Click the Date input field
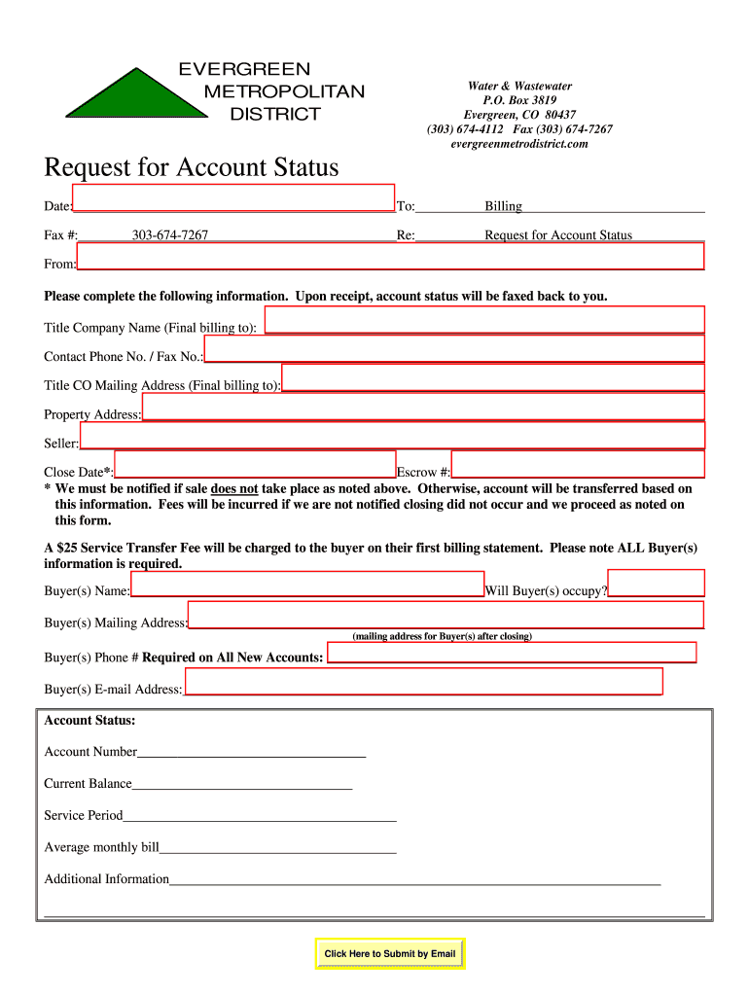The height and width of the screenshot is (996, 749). click(233, 197)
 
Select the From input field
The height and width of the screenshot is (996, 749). click(390, 256)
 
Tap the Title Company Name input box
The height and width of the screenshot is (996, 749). click(483, 320)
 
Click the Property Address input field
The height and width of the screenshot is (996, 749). click(423, 407)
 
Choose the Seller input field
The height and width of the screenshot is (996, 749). click(392, 436)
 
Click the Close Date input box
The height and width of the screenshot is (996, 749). click(255, 464)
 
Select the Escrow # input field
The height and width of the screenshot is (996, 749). click(578, 464)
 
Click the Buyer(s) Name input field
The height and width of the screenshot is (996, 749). click(307, 584)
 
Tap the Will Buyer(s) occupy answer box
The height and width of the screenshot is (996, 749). click(656, 583)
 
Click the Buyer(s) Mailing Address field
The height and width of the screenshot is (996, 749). click(446, 615)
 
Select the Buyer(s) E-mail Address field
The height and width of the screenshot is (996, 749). click(423, 681)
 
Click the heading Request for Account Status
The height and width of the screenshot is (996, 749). click(192, 168)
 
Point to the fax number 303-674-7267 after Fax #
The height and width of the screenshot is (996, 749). click(170, 235)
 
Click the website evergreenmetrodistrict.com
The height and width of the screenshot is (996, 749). click(519, 144)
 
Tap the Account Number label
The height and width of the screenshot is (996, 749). click(90, 752)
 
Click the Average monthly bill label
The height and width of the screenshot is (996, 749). click(101, 847)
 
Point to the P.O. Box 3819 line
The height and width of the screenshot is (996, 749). click(519, 100)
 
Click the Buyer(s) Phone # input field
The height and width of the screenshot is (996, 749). click(512, 653)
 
